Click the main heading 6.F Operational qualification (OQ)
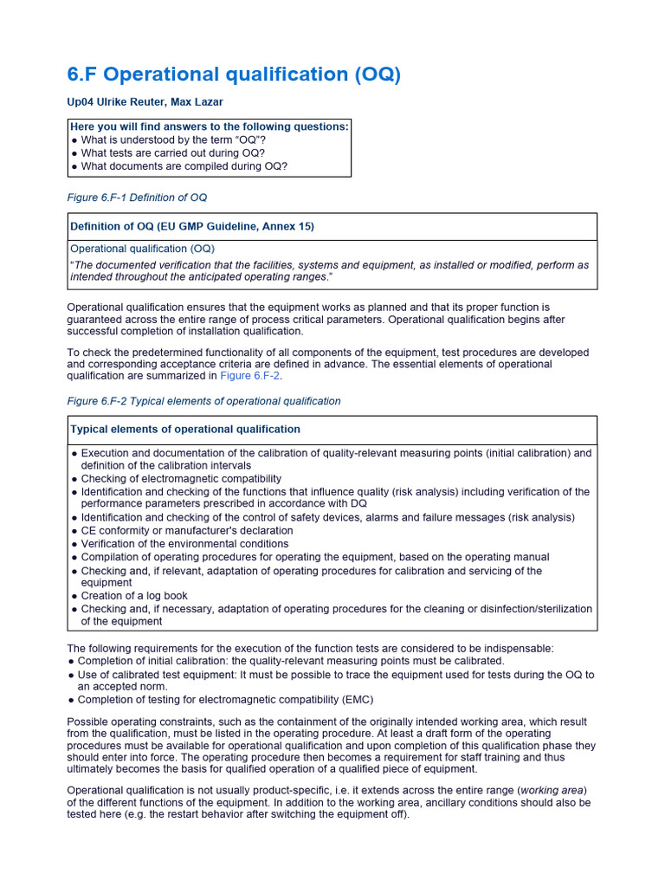(x=234, y=75)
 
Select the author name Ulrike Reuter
(x=132, y=102)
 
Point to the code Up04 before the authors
(x=81, y=102)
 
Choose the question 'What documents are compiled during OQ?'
(x=184, y=166)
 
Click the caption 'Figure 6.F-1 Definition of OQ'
(x=137, y=197)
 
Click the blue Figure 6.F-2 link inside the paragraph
(x=250, y=376)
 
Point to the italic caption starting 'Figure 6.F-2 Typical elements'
(x=203, y=401)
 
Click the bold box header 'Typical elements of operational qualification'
(x=185, y=430)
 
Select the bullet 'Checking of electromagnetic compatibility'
(x=181, y=479)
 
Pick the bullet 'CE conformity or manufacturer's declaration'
(x=187, y=530)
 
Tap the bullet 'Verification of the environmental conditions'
(x=184, y=544)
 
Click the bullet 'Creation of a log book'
(x=134, y=596)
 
